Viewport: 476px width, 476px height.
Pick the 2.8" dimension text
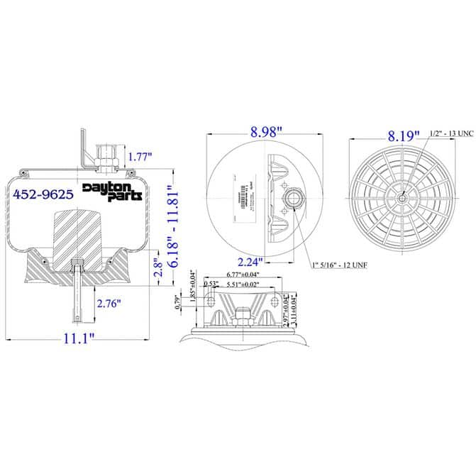(x=160, y=267)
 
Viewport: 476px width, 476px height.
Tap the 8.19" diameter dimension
(x=403, y=133)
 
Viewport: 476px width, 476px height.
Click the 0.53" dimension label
(x=210, y=284)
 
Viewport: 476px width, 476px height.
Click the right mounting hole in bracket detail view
(x=275, y=301)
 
